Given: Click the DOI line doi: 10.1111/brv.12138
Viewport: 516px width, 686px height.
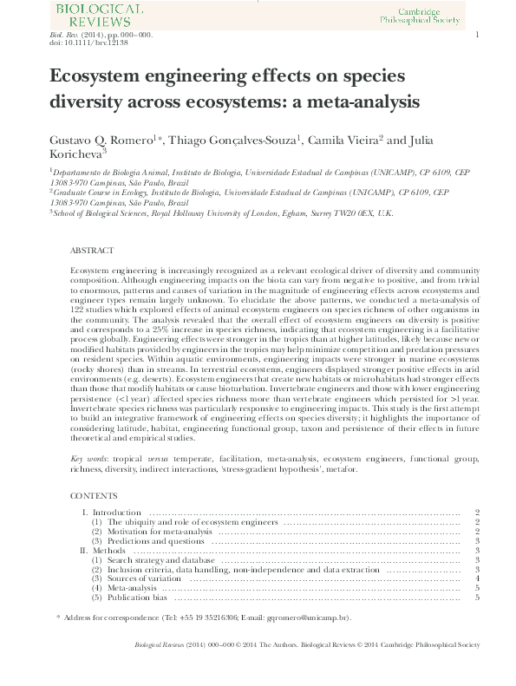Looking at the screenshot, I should [x=76, y=42].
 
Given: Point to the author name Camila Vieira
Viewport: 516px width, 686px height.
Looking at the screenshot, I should [x=344, y=140].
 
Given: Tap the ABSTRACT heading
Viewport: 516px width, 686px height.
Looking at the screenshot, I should [x=91, y=251].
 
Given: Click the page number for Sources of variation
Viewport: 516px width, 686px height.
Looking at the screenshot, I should [x=478, y=579].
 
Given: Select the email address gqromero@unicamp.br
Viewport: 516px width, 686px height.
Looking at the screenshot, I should [x=308, y=617].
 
